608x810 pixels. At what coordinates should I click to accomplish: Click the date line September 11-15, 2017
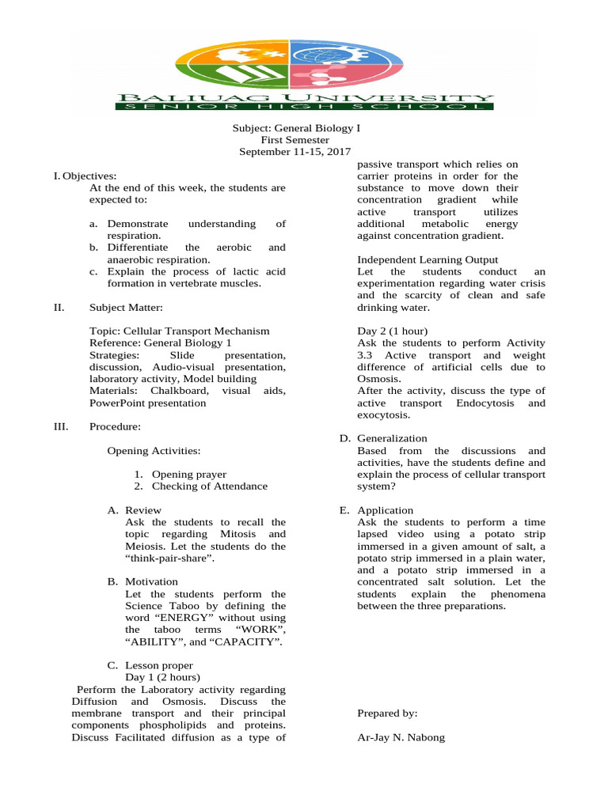295,152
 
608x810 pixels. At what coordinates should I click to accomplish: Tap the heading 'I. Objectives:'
83,176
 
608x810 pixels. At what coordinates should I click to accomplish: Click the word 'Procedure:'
115,427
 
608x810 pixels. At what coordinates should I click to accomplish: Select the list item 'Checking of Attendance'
209,486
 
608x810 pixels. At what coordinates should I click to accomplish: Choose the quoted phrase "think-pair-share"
169,558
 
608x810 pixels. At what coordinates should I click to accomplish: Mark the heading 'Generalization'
392,438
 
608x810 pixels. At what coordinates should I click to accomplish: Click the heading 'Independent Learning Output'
427,259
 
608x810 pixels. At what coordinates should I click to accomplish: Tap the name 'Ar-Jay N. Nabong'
401,737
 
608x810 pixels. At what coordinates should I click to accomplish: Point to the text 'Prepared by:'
387,713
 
